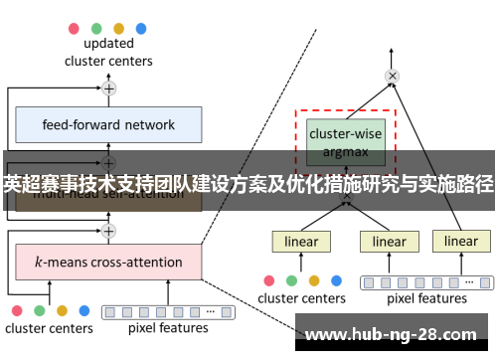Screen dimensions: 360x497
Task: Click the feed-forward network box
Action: tap(109, 125)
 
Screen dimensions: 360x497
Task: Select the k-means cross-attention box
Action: tap(109, 263)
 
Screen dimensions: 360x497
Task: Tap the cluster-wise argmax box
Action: tap(345, 140)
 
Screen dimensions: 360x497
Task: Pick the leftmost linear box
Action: tap(301, 242)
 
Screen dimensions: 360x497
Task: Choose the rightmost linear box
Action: tap(460, 242)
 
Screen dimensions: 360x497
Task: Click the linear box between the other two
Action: tap(390, 242)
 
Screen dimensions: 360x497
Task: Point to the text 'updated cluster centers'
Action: tap(109, 52)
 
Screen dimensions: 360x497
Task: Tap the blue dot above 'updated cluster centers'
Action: tap(140, 28)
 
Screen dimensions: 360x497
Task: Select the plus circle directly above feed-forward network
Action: tap(109, 89)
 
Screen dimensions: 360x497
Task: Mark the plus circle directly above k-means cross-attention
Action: tap(109, 231)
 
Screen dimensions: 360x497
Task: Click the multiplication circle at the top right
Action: tap(393, 76)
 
